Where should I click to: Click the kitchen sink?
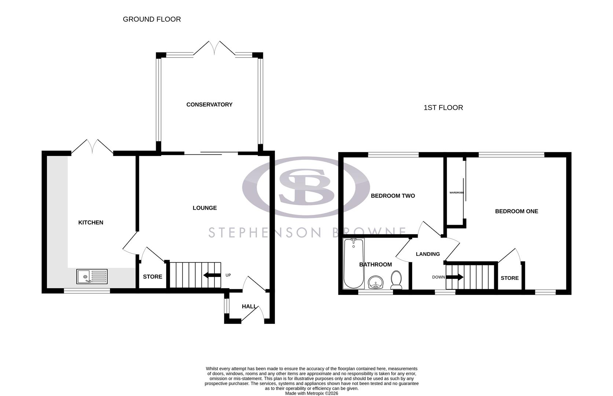pos(92,276)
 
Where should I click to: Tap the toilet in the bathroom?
pos(396,280)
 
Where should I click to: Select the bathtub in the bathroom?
pos(353,263)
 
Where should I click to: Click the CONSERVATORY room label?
pos(209,104)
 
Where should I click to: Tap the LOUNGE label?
pos(205,208)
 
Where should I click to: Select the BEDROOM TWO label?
pos(393,196)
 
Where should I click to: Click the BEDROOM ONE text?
pos(516,211)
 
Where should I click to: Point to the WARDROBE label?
pos(456,192)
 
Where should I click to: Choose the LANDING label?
pos(427,254)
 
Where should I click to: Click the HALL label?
pos(249,307)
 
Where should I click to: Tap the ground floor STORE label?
pos(153,277)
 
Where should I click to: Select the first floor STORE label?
pos(510,278)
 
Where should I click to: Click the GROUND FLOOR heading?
pos(152,19)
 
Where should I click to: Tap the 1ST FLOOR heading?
pos(443,107)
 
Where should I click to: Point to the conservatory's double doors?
pos(214,48)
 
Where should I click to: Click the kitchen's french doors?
pos(92,146)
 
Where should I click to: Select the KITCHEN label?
pos(91,223)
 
